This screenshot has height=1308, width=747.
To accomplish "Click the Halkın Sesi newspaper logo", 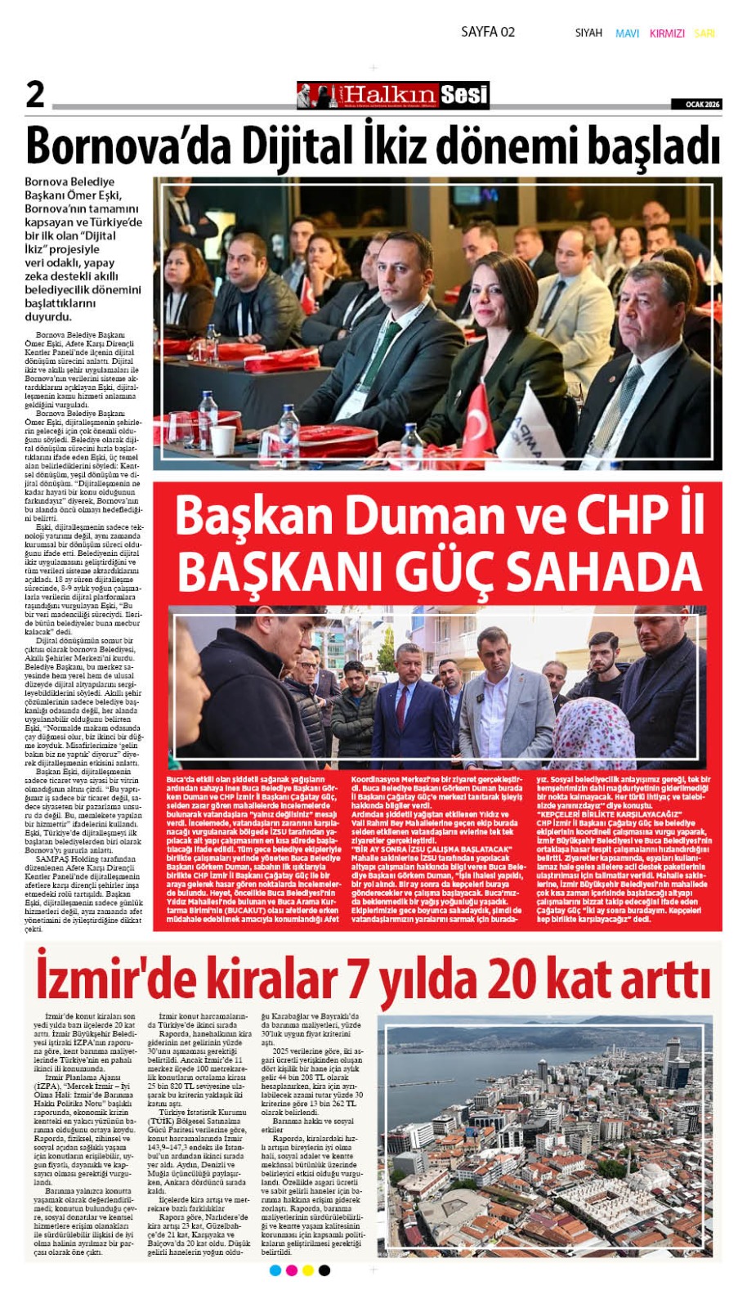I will tap(393, 96).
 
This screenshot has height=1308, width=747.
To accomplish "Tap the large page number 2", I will tap(35, 95).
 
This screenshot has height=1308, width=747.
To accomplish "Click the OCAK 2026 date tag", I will tap(696, 104).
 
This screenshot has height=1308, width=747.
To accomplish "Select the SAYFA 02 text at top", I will tap(488, 32).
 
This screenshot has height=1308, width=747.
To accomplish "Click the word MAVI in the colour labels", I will tap(627, 34).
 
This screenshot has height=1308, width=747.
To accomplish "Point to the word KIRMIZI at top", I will tap(667, 34).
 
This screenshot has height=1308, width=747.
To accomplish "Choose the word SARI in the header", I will tap(705, 34).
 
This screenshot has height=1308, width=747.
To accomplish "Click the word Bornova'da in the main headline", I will tap(108, 147).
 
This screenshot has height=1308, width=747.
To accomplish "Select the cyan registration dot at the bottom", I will tap(275, 1270).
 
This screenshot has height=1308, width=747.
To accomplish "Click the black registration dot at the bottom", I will tap(324, 1270).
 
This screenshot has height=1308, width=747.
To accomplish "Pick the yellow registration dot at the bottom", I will tap(308, 1270).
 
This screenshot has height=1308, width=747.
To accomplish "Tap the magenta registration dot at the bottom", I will tap(292, 1270).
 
